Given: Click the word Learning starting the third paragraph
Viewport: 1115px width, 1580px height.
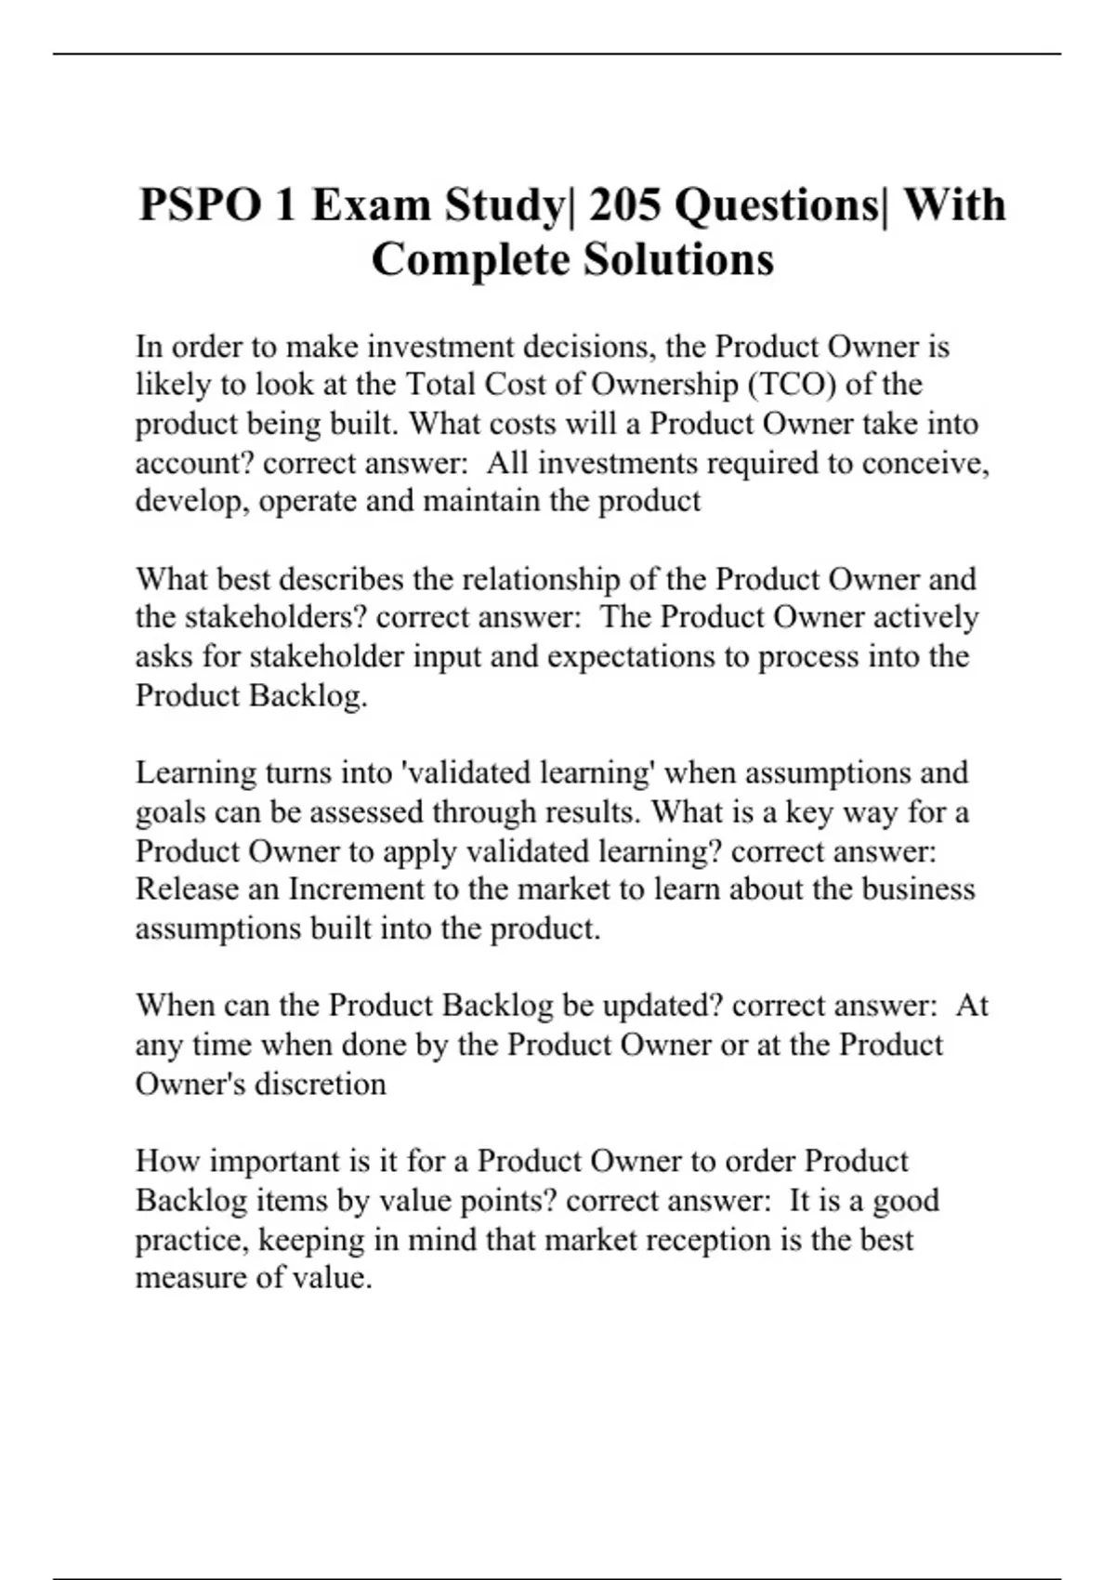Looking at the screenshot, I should pyautogui.click(x=195, y=773).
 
